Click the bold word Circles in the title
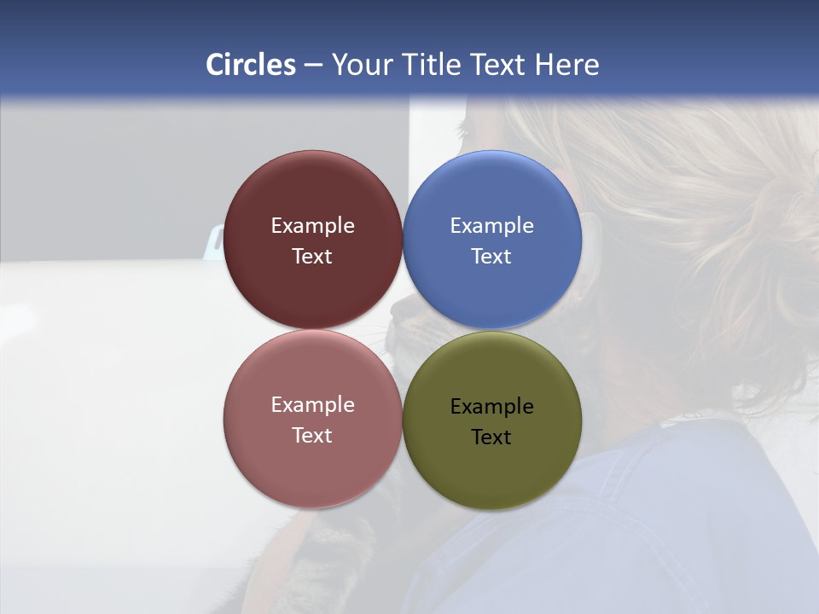[251, 65]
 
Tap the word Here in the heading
[566, 65]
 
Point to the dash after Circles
[313, 66]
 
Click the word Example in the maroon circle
[312, 226]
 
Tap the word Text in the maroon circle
[312, 257]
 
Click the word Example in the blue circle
[491, 226]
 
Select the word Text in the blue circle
[491, 257]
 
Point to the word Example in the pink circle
[312, 405]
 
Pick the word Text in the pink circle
[312, 436]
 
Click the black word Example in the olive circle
[491, 407]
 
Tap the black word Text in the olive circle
[491, 437]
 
